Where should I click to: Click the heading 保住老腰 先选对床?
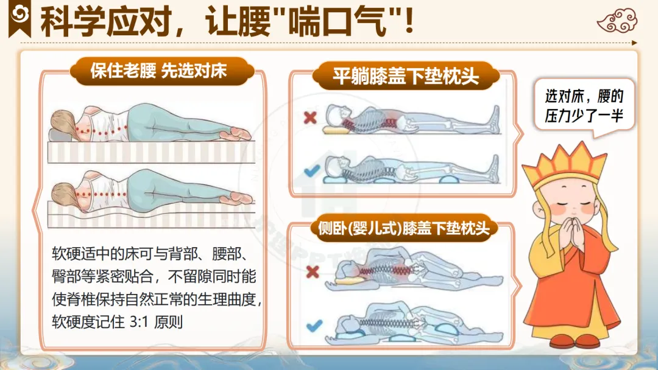coord(158,71)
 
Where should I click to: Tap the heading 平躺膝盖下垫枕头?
coord(405,76)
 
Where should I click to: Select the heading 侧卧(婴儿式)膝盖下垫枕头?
coord(403,228)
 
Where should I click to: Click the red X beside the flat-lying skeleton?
coord(310,117)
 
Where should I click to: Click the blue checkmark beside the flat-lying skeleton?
coord(312,170)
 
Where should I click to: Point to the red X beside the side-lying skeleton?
coord(313,272)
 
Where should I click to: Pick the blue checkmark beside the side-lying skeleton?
coord(314,326)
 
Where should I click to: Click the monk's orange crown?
coord(564,162)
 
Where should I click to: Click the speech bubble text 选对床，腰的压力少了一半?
coord(584,106)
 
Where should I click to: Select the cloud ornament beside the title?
coord(617,21)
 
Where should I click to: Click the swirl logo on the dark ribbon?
coord(19,15)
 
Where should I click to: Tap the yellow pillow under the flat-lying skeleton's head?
coord(336,130)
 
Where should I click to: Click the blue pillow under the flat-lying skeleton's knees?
coord(448,180)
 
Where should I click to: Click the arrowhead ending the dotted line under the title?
coord(634,43)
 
